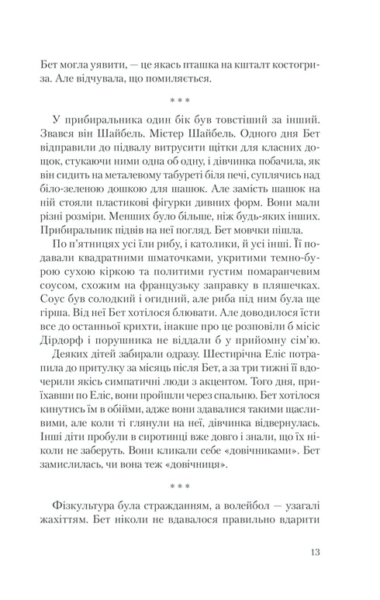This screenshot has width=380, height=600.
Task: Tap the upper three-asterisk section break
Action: pyautogui.click(x=190, y=101)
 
